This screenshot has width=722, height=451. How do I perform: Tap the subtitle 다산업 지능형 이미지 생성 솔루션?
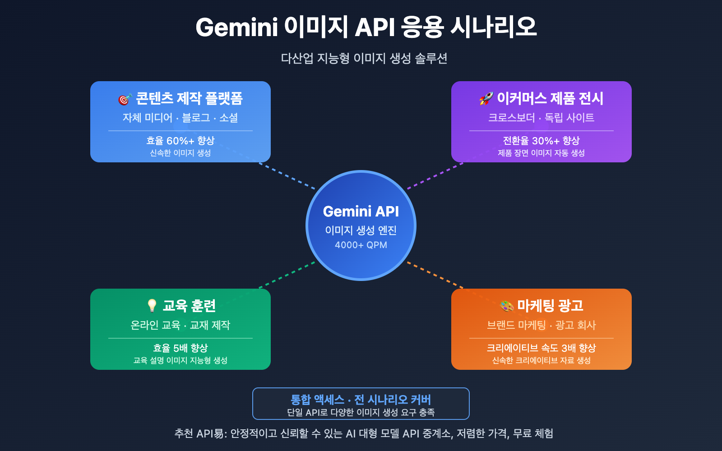tap(364, 58)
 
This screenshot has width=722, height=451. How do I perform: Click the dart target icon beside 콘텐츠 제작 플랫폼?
tap(125, 99)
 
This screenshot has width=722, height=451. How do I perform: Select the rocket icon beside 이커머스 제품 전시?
tap(486, 98)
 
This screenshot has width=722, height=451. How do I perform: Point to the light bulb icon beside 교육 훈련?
tap(152, 306)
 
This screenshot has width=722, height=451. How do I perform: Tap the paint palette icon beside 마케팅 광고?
tap(507, 306)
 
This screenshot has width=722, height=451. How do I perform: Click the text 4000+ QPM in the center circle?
tap(361, 245)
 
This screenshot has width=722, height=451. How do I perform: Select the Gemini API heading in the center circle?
tap(361, 211)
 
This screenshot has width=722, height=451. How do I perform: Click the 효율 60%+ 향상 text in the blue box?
tap(180, 141)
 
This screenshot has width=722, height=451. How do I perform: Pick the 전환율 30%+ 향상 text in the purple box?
tap(541, 141)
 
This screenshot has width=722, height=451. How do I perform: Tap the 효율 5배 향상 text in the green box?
tap(180, 348)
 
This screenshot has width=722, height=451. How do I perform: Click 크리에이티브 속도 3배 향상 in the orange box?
tap(541, 348)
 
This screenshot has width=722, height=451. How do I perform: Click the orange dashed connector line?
tap(435, 275)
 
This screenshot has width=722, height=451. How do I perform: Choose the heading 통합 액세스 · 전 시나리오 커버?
tap(361, 400)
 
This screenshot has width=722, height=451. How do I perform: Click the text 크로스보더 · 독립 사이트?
tap(541, 118)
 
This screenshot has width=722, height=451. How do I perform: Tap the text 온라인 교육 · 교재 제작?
tap(180, 325)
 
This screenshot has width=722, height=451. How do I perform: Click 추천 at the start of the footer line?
tap(184, 433)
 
